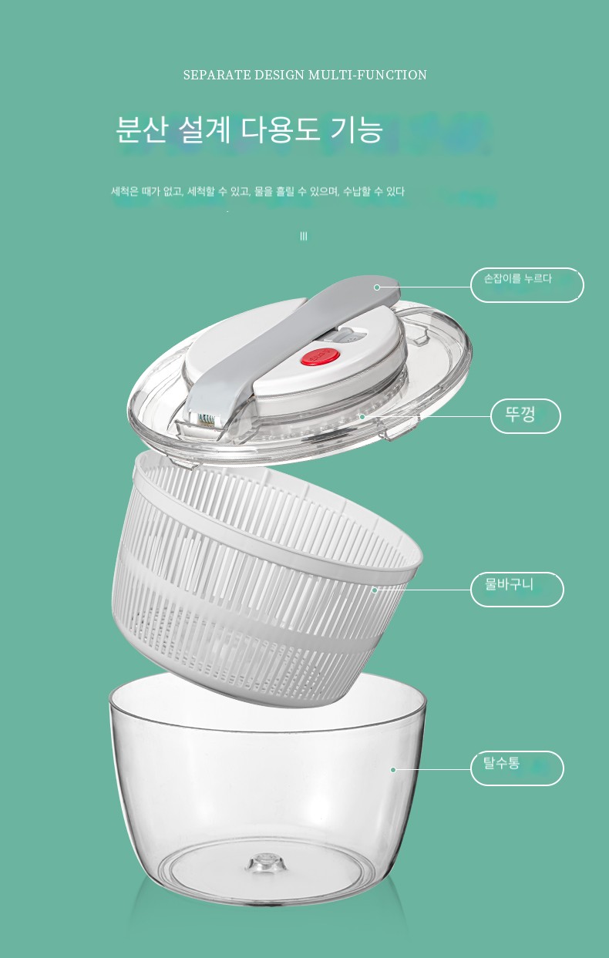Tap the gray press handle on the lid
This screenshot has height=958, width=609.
(x=291, y=342)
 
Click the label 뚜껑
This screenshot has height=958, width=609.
(x=520, y=415)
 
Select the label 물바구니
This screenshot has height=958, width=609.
(x=509, y=583)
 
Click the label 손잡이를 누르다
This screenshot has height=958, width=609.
(x=517, y=279)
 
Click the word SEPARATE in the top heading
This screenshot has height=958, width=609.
(x=217, y=75)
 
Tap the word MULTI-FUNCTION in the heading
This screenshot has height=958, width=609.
(x=368, y=75)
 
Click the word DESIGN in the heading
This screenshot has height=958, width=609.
(x=279, y=75)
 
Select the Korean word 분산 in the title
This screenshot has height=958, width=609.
(x=141, y=129)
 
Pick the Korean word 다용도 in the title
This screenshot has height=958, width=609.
(x=280, y=129)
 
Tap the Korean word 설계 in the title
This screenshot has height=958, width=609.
(x=204, y=129)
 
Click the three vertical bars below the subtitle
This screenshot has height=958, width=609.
(x=304, y=236)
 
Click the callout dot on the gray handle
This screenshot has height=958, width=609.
(x=377, y=287)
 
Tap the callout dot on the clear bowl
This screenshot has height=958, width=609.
(x=393, y=770)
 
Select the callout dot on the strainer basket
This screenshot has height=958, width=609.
(x=375, y=590)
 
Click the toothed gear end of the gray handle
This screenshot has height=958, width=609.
(x=207, y=418)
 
